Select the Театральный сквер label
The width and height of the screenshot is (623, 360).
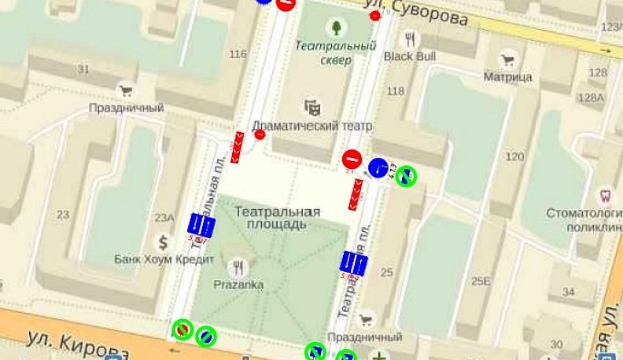336,53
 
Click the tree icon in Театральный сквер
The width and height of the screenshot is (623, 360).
336,28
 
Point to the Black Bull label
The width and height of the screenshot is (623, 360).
409,57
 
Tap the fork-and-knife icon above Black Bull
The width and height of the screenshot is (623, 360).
410,38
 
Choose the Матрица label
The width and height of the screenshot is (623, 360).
507,77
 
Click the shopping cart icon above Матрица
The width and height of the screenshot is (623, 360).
508,59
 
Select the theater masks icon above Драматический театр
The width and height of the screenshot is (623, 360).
312,106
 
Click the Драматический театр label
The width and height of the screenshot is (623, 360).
312,126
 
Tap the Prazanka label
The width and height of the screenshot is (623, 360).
238,284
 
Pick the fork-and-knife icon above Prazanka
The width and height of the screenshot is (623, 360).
238,266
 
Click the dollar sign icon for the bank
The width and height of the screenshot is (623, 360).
164,242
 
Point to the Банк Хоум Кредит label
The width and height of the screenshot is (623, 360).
164,259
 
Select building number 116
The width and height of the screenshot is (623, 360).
238,54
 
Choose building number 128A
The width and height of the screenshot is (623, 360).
590,97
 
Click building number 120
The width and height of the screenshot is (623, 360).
515,157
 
